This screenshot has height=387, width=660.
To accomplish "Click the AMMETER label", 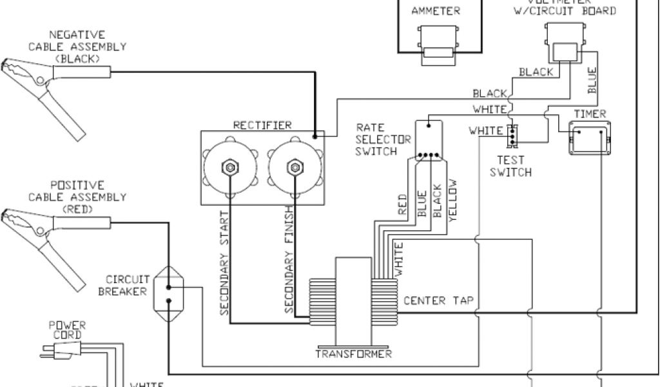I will [436, 11].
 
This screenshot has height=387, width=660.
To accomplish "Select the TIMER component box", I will [590, 137].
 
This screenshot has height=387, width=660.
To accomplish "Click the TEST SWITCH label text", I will [510, 166].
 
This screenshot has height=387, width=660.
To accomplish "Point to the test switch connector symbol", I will [512, 134].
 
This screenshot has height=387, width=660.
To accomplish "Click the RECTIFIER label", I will [262, 124].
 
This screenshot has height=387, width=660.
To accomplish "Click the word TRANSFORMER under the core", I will [354, 354].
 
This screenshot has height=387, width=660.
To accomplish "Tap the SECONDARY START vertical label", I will [225, 263].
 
